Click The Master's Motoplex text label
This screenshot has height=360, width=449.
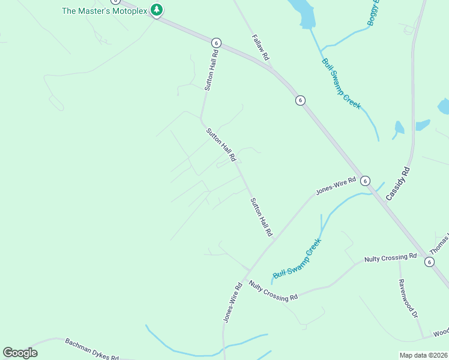point(104,11)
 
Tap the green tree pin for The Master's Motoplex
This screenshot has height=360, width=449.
point(157,10)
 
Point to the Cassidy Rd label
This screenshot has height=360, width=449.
point(397,183)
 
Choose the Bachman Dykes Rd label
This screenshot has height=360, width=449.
point(92,349)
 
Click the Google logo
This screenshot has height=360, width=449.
point(20,353)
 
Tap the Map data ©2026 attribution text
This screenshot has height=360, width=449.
point(423,355)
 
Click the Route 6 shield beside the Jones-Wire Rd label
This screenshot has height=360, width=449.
point(366,181)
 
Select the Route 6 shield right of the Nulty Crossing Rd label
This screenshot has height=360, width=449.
point(429,262)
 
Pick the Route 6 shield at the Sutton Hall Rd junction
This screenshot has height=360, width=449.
point(216,43)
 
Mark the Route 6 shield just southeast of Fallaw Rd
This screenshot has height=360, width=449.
point(300,100)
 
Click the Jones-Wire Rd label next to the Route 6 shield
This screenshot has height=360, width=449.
point(336,184)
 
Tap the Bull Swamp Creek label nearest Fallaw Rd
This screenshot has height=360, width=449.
point(341,83)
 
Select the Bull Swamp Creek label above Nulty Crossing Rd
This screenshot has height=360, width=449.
point(297,259)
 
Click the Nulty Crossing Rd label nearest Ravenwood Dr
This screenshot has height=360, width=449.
point(390,258)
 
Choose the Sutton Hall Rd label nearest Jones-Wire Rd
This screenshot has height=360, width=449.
point(262,217)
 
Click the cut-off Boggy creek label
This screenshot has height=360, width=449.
point(375,13)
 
